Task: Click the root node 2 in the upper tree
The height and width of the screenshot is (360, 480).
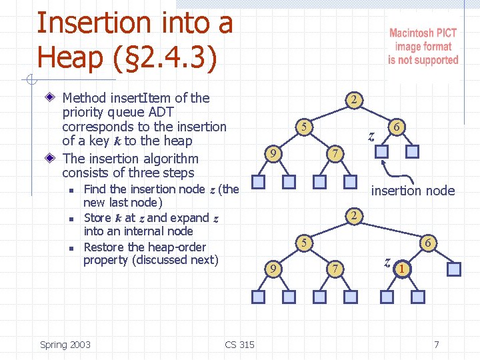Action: coord(355,101)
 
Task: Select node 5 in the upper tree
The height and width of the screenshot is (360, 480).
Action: coord(303,127)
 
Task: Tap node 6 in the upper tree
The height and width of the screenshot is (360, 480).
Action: coord(396,127)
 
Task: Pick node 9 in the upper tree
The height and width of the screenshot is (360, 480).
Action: coord(272,154)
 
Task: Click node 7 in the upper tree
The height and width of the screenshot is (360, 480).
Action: coord(337,154)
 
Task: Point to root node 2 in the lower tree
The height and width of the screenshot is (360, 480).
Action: coord(355,215)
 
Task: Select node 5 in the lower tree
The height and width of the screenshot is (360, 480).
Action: coord(303,243)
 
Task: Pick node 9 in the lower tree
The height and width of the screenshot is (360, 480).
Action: coord(272,269)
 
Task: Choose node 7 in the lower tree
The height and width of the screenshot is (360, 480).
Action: coord(337,269)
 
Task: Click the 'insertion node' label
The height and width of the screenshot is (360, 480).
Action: coord(413,191)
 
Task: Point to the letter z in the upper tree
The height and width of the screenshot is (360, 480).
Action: coord(371,137)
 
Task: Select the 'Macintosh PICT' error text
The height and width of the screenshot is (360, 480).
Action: coord(423,33)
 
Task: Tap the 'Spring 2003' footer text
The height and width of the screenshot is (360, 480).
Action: coord(65,345)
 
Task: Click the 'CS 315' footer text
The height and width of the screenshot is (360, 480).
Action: coord(239,345)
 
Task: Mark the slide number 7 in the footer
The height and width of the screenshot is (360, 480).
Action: coord(436,345)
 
